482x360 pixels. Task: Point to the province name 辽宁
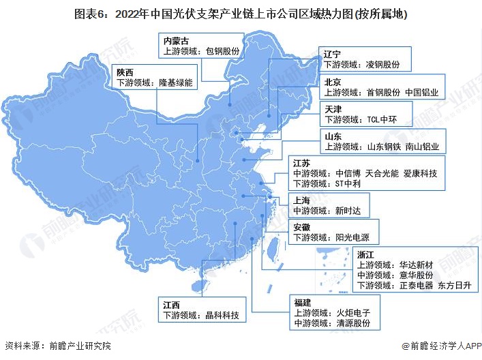[x=333, y=53]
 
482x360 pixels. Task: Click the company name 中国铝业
[x=423, y=93]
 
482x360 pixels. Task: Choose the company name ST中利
[x=348, y=183]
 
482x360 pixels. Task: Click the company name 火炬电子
[x=353, y=313]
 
